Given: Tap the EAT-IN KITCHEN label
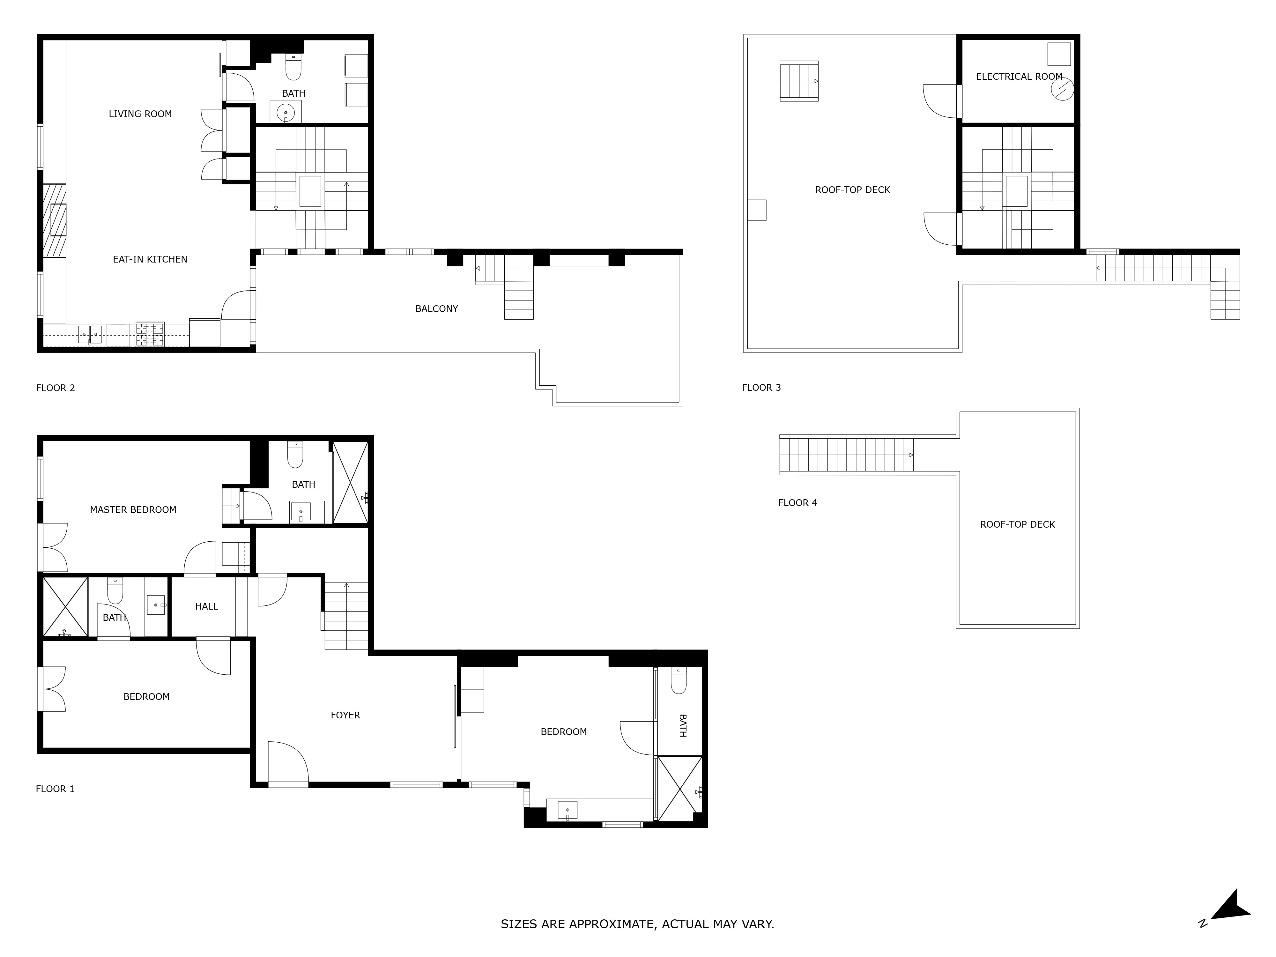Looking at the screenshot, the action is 150,260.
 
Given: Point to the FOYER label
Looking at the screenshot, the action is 345,715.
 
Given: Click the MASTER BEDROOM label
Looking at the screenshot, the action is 133,510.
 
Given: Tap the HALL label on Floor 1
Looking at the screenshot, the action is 206,606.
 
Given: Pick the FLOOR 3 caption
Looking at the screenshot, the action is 761,388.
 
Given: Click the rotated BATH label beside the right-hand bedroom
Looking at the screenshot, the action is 682,726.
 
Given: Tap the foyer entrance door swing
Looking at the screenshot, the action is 288,761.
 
